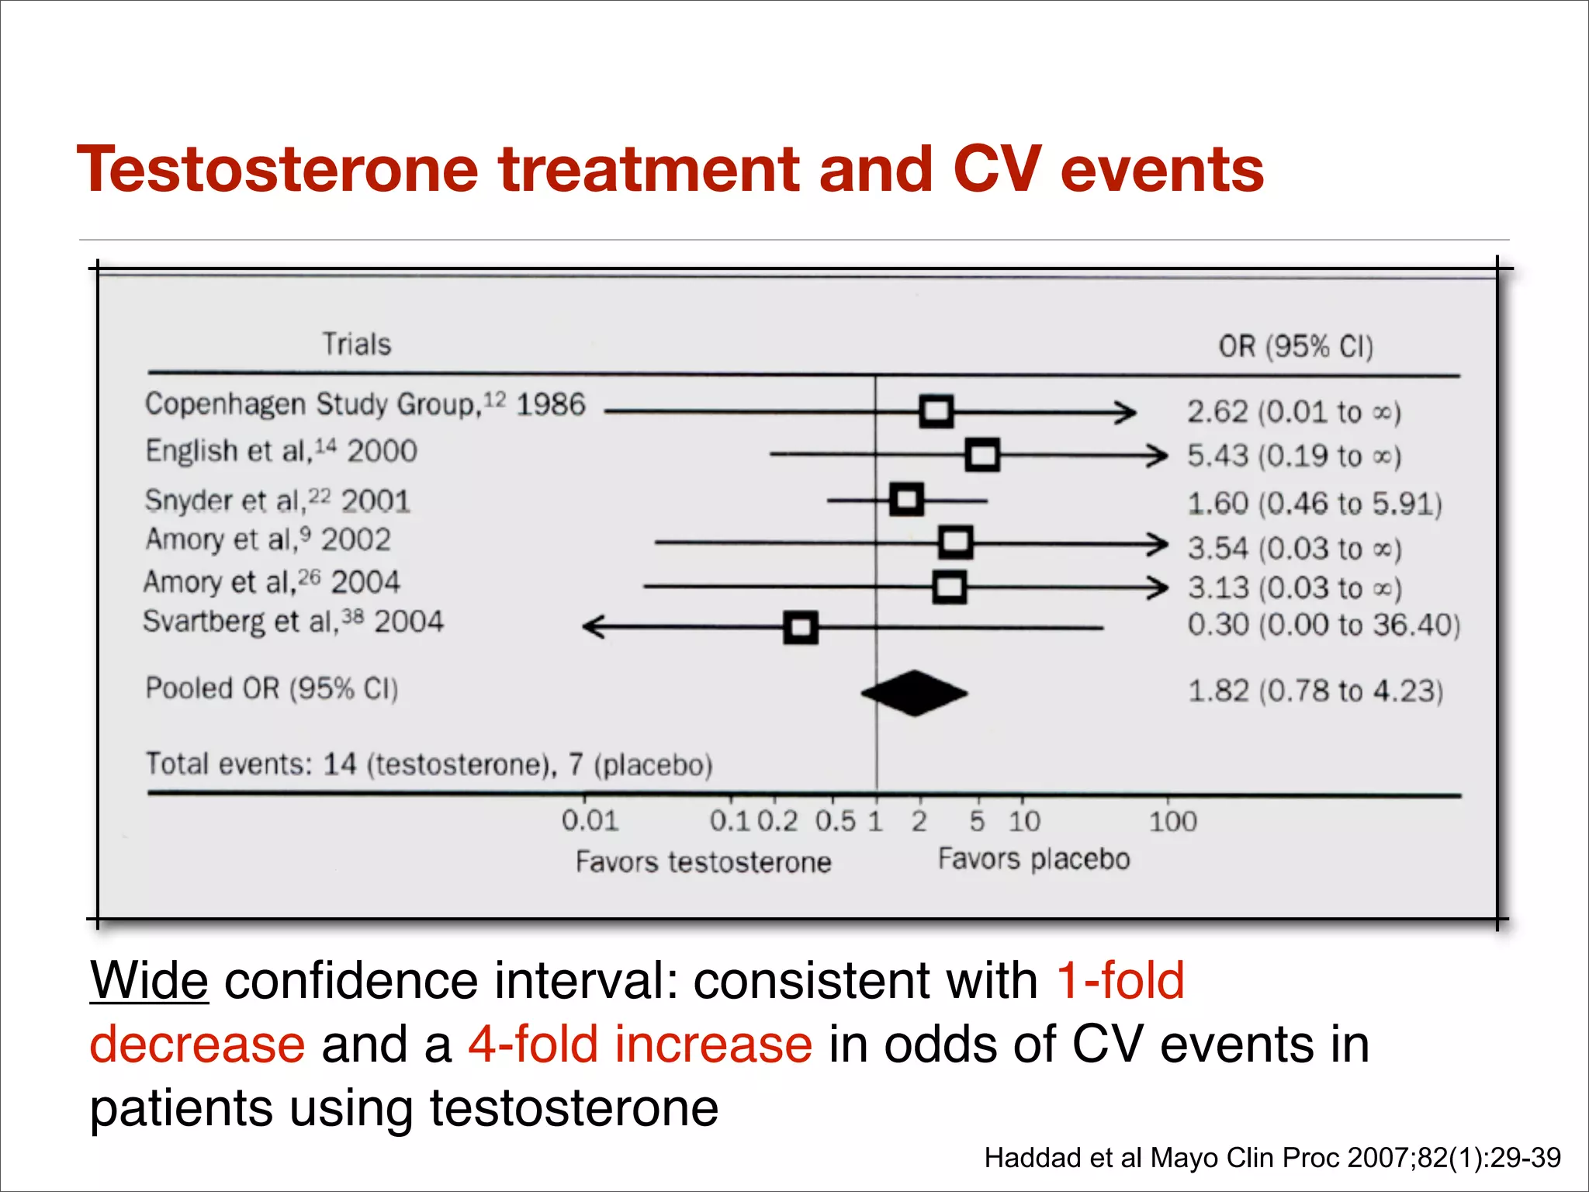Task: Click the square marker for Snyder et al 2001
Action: [906, 500]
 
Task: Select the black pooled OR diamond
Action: [915, 693]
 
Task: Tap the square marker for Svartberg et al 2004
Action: [801, 627]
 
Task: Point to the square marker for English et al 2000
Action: [982, 455]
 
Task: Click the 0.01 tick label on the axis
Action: [590, 821]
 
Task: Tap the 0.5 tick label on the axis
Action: [835, 821]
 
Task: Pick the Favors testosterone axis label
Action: [703, 862]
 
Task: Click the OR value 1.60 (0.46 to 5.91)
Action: [1314, 504]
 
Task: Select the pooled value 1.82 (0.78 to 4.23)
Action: [1315, 691]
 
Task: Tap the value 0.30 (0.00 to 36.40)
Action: [1324, 625]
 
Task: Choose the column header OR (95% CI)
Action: [1296, 346]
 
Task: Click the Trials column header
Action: [357, 344]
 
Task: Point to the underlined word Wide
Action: [149, 981]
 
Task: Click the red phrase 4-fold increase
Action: [640, 1045]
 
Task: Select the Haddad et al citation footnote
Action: [1272, 1158]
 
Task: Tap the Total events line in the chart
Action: [429, 764]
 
